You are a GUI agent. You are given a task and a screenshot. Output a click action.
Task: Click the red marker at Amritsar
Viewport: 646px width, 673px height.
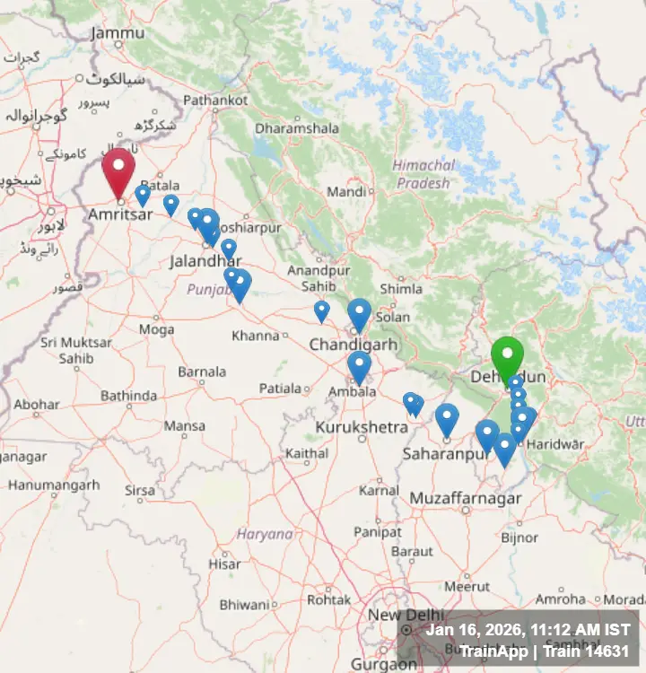[x=118, y=170]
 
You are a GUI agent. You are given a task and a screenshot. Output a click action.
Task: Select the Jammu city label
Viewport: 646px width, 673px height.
[x=117, y=33]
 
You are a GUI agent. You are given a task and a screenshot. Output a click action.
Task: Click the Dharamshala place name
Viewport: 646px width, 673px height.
[x=296, y=128]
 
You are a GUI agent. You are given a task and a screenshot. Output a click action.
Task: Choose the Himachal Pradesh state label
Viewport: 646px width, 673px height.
[x=423, y=174]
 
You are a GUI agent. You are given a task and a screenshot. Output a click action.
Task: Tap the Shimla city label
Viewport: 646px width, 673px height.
[x=400, y=289]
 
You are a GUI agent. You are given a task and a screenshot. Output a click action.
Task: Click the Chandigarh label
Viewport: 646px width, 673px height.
[x=353, y=345]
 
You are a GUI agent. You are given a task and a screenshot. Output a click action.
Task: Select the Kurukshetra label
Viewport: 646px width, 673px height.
[x=362, y=428]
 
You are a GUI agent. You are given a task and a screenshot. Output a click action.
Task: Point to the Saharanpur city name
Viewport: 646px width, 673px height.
[x=445, y=455]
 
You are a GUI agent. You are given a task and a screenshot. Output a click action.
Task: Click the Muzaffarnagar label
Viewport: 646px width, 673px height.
[x=466, y=498]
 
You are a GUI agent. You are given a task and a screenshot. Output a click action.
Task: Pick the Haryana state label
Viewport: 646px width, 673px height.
[x=265, y=534]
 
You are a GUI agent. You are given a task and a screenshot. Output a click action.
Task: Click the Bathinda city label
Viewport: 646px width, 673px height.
[x=128, y=396]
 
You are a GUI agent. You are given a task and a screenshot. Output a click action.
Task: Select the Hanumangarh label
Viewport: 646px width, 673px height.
[x=54, y=485]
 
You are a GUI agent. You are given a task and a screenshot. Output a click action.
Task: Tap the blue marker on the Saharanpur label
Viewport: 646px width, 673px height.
[x=447, y=418]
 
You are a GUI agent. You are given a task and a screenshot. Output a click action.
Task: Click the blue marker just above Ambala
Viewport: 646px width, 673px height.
[x=359, y=365]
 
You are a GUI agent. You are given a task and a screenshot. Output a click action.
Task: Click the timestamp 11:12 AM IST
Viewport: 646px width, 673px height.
[x=574, y=630]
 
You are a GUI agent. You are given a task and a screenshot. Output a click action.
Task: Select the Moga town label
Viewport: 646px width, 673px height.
[x=156, y=329]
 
